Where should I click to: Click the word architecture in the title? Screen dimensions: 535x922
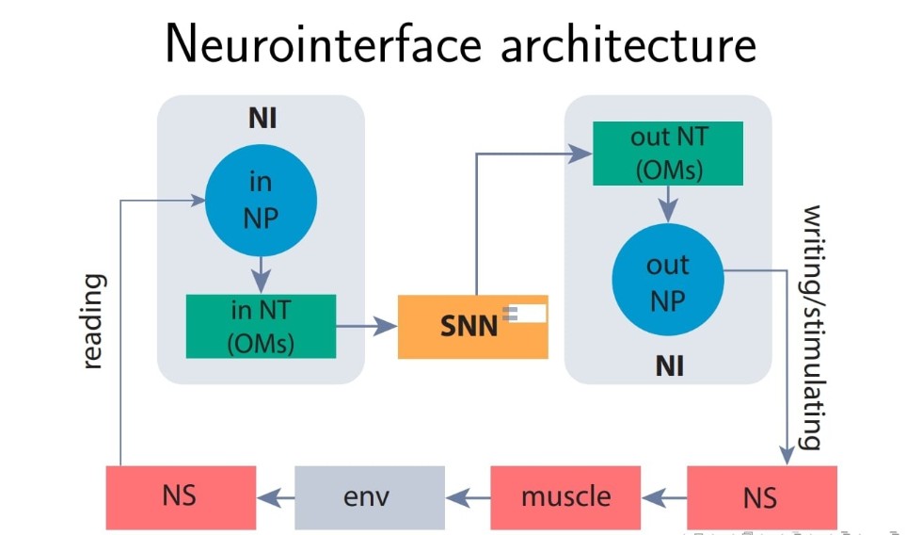tap(628, 44)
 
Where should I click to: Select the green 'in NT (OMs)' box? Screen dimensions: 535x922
tap(261, 326)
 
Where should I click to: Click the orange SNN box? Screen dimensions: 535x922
tap(472, 327)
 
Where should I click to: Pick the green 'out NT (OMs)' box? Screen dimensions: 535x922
tap(667, 154)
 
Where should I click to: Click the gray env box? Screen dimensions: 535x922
tap(370, 496)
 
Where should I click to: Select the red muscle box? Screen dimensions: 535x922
tap(565, 496)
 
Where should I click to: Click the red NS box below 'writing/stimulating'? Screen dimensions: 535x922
tap(761, 496)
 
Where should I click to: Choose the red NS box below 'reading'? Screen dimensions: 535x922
tap(180, 496)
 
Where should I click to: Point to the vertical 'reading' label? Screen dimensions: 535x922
tap(93, 321)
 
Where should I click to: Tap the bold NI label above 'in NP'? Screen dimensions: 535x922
tap(262, 119)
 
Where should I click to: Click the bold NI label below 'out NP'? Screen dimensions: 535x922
tap(668, 365)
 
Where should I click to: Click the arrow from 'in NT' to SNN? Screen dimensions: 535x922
tap(367, 327)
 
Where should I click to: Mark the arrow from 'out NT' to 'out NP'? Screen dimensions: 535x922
tap(667, 203)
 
